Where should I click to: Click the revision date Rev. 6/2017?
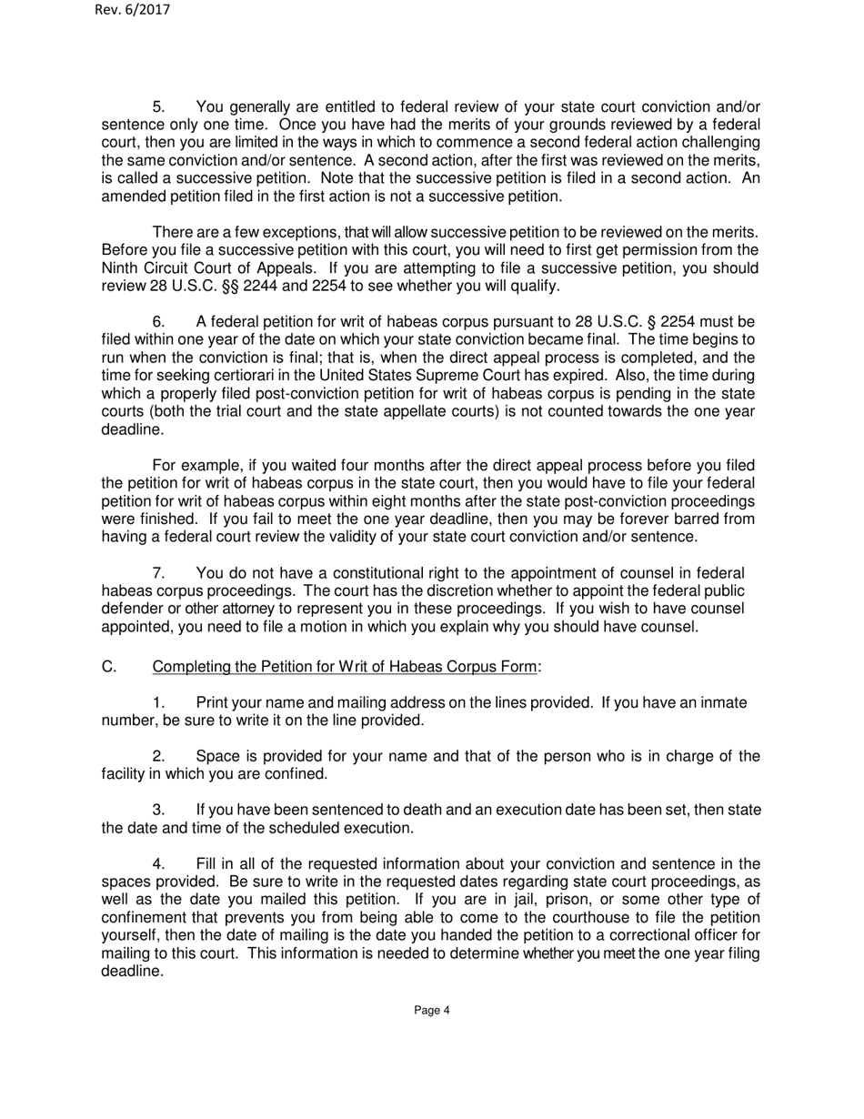point(132,10)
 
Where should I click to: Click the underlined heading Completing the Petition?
point(345,667)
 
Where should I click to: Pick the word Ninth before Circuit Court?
point(122,268)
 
